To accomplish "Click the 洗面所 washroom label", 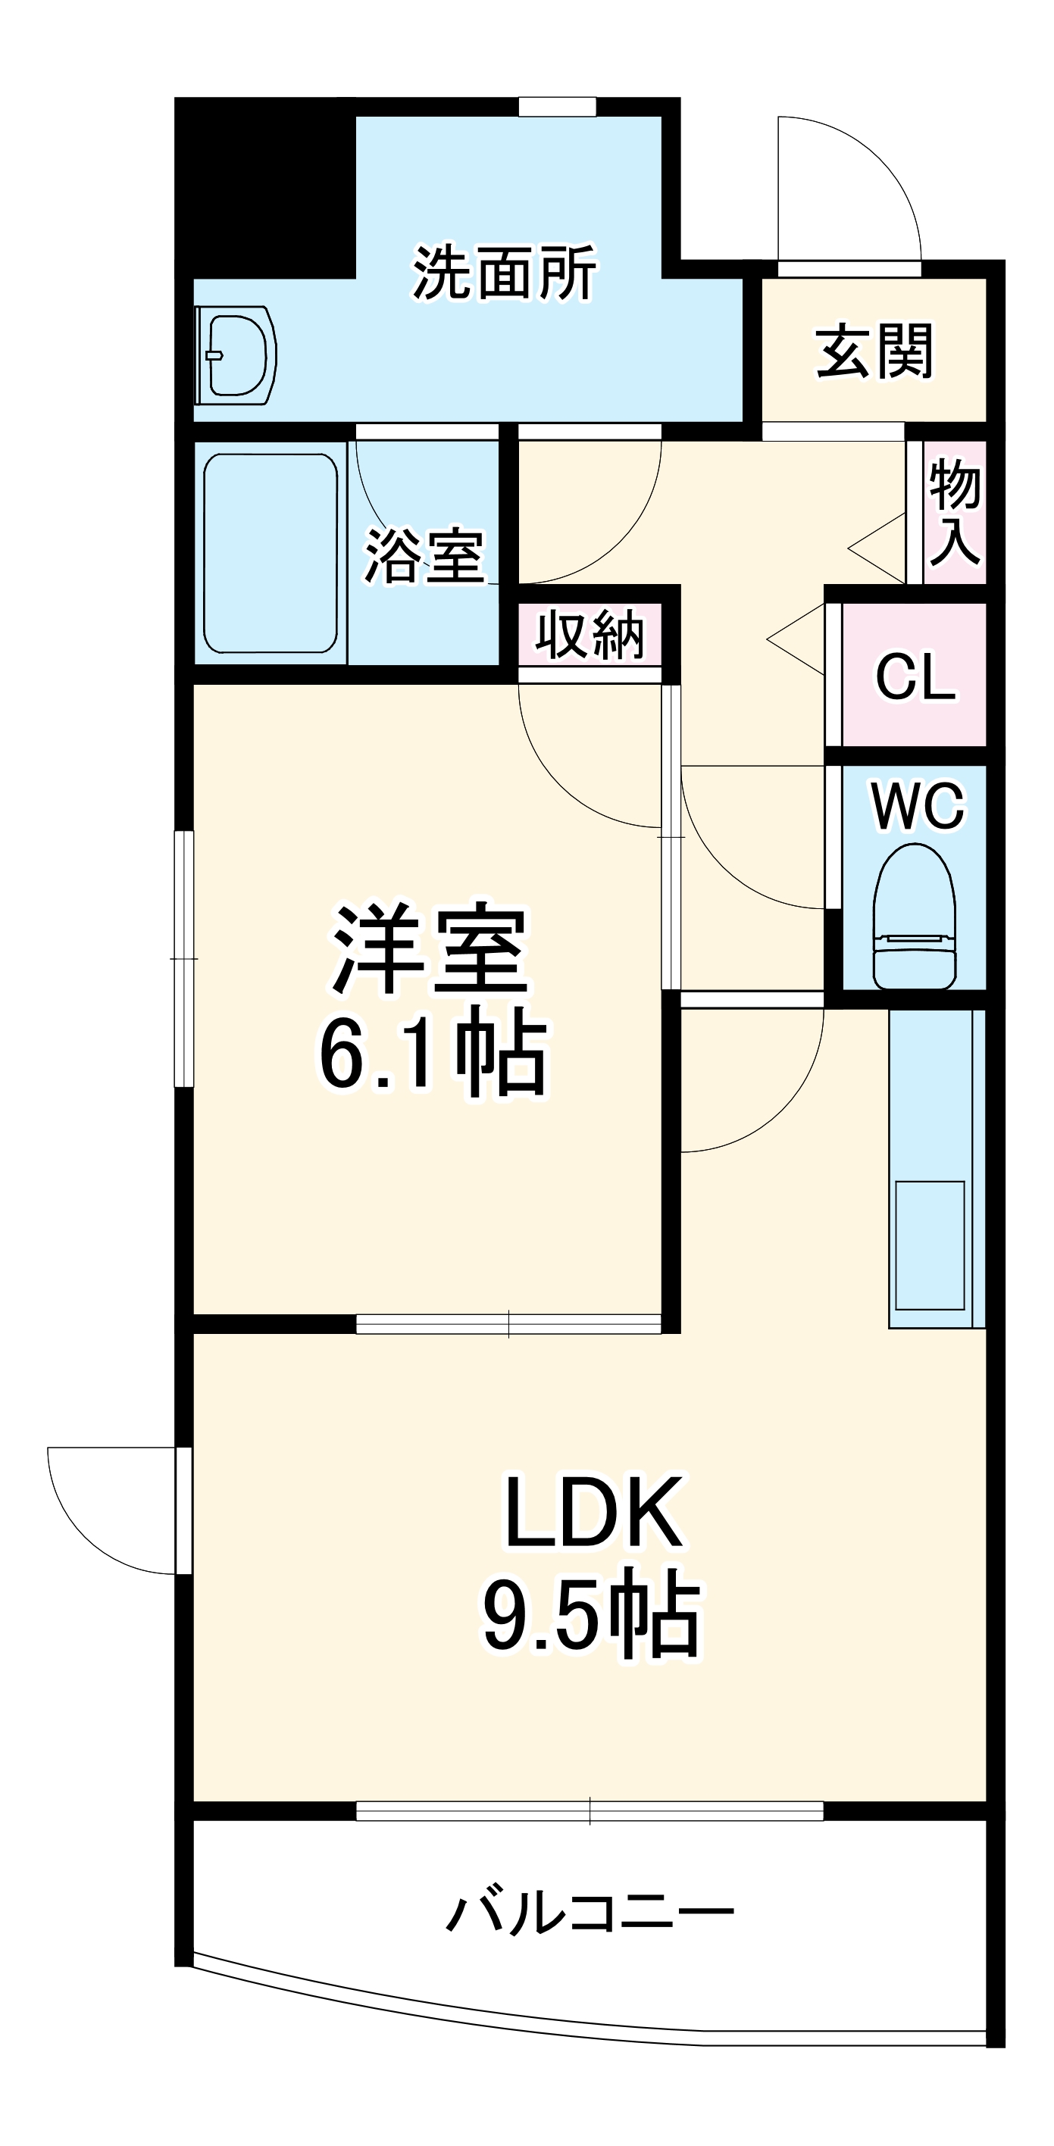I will click(x=504, y=273).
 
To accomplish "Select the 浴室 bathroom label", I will click(x=424, y=557).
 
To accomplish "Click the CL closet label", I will click(x=914, y=676).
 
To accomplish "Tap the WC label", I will click(x=918, y=805).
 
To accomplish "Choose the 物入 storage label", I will click(x=954, y=511).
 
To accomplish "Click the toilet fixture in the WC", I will click(x=913, y=917).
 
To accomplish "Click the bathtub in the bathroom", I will click(x=270, y=553).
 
